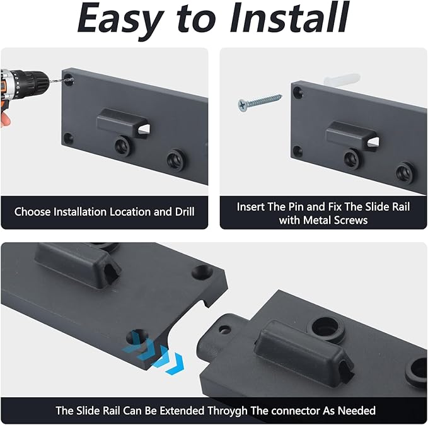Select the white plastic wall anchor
[342, 79]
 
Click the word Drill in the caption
[185, 212]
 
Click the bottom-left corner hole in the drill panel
[68, 138]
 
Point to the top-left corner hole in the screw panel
[298, 92]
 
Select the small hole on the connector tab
[224, 330]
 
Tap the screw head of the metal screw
[242, 105]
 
